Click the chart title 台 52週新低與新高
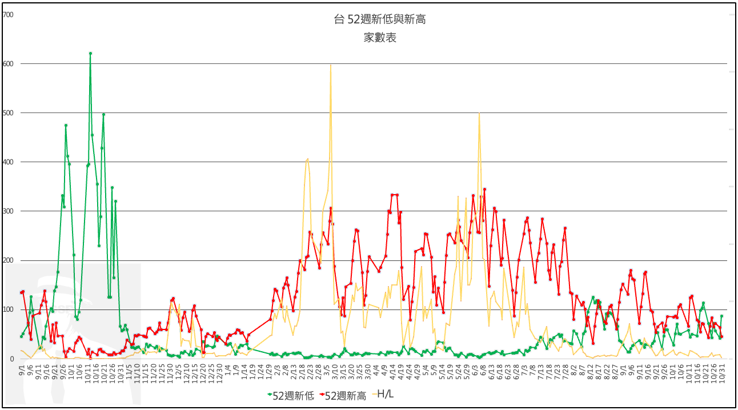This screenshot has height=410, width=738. point(380,20)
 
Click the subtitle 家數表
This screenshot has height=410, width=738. point(380,38)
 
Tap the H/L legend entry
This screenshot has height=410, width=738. point(387,395)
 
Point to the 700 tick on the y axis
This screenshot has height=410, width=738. point(9,14)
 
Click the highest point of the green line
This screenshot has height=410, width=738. point(90,53)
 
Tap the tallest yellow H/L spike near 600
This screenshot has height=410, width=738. point(331,65)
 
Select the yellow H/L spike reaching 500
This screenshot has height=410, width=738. point(479,114)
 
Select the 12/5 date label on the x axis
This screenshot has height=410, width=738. point(178,371)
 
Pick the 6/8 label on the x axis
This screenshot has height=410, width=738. point(484,369)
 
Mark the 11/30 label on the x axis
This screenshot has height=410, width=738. point(170,372)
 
